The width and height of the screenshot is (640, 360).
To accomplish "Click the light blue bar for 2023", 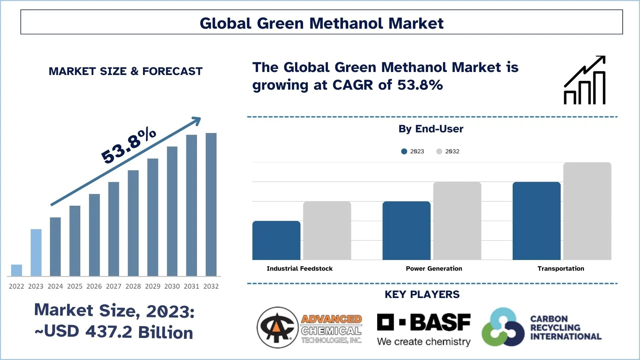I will pyautogui.click(x=36, y=252).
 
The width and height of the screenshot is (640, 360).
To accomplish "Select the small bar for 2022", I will pyautogui.click(x=16, y=270).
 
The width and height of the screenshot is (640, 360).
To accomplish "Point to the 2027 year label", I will pyautogui.click(x=114, y=286).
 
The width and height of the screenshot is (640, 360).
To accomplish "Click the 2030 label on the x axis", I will pyautogui.click(x=172, y=286).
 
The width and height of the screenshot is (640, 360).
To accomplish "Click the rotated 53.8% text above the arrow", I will pyautogui.click(x=129, y=145).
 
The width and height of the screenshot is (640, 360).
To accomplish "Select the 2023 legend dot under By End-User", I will pyautogui.click(x=404, y=151).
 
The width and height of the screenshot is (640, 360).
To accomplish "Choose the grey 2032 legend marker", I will pyautogui.click(x=439, y=151).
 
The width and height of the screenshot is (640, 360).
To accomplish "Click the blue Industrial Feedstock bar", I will pyautogui.click(x=276, y=240).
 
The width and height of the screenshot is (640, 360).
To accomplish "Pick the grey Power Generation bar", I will pyautogui.click(x=457, y=221).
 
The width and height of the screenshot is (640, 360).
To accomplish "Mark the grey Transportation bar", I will pyautogui.click(x=587, y=211).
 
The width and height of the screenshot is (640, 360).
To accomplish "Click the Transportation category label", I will pyautogui.click(x=561, y=269).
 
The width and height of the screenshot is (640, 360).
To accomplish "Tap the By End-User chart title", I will pyautogui.click(x=431, y=129).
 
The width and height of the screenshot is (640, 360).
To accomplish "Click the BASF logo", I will pyautogui.click(x=424, y=323).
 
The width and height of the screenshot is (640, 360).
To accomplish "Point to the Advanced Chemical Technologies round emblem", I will pyautogui.click(x=277, y=327).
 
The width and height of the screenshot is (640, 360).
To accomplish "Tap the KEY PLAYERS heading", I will pyautogui.click(x=422, y=294).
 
